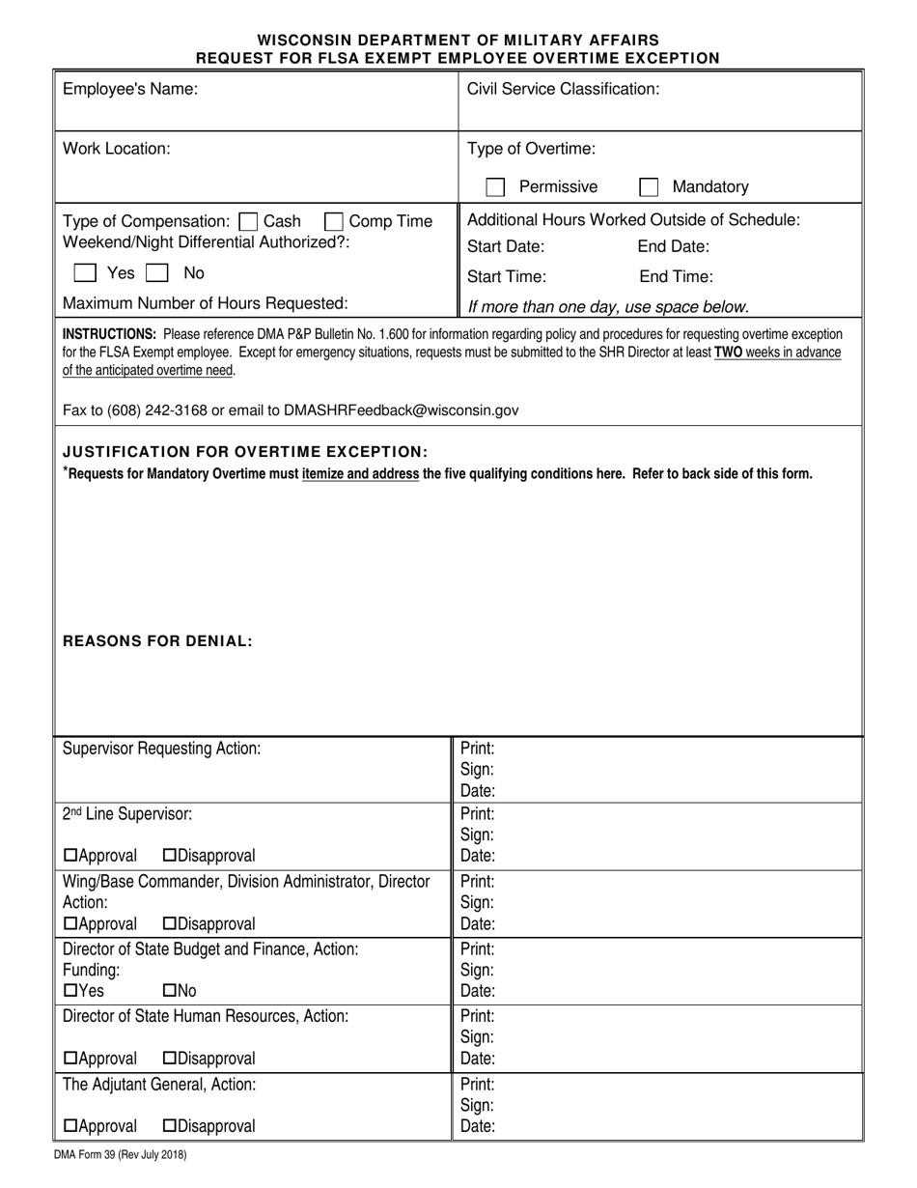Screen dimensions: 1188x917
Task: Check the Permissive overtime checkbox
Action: click(495, 187)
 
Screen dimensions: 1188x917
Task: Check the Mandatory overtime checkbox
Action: click(649, 187)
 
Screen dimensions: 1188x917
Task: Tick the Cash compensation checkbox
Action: click(248, 221)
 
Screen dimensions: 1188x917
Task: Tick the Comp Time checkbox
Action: click(334, 221)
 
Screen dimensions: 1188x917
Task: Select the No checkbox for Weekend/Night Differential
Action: click(156, 273)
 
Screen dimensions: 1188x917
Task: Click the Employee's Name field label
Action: click(130, 90)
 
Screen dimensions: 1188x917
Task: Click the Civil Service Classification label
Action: click(563, 90)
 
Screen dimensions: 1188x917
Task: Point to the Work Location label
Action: click(117, 149)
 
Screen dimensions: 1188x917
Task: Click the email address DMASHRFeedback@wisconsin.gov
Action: click(401, 410)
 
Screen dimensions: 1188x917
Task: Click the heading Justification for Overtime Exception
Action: click(244, 451)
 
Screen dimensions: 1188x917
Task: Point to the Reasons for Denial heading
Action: click(157, 640)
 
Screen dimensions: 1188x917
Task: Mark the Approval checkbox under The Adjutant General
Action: click(70, 1126)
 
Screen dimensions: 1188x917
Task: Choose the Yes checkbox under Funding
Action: click(70, 991)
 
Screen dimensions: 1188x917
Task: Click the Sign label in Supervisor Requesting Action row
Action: click(477, 770)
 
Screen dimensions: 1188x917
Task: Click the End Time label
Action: click(676, 277)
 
